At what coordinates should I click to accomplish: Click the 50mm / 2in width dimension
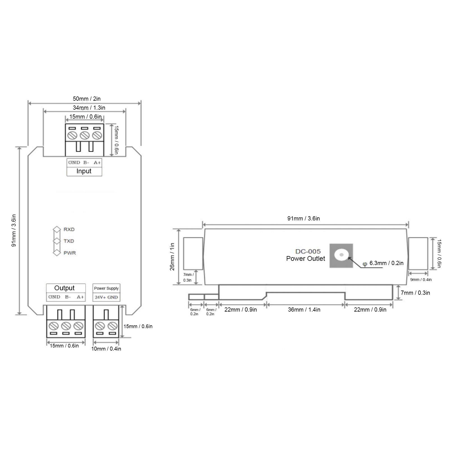click(x=87, y=99)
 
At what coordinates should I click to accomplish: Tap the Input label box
click(x=84, y=171)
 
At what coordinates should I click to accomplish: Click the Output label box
click(x=65, y=288)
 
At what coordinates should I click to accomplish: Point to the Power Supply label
click(x=106, y=288)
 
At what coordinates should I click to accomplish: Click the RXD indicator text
click(x=69, y=229)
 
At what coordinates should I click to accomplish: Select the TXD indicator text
click(x=69, y=241)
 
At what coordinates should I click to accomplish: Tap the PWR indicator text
click(x=70, y=253)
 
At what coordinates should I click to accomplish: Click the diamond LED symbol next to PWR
click(x=57, y=253)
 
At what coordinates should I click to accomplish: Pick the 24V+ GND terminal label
click(x=106, y=297)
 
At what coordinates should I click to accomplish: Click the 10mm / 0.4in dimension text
click(x=106, y=349)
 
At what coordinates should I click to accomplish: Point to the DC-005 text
click(x=308, y=252)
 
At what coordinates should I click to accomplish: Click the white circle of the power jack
click(x=341, y=255)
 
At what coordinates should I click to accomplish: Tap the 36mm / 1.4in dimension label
click(x=304, y=310)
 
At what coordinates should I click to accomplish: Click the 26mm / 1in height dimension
click(x=172, y=257)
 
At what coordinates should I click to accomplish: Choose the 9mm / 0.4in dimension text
click(x=421, y=280)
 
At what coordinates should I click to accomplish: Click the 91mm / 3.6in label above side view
click(x=303, y=218)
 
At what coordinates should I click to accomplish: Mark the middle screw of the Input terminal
click(x=84, y=135)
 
